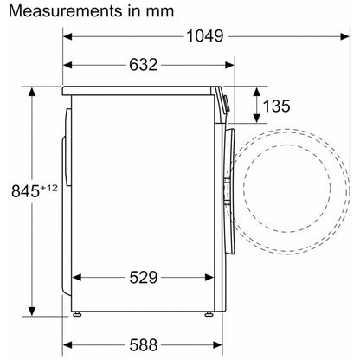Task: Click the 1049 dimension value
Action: (205, 36)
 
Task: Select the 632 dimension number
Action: (144, 65)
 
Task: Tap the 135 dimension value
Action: (276, 106)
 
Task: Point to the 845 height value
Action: (25, 190)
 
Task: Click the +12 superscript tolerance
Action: (48, 188)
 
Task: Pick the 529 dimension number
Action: (144, 278)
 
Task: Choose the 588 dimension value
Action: (144, 344)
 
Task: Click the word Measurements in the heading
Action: (66, 11)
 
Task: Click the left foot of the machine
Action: (77, 314)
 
